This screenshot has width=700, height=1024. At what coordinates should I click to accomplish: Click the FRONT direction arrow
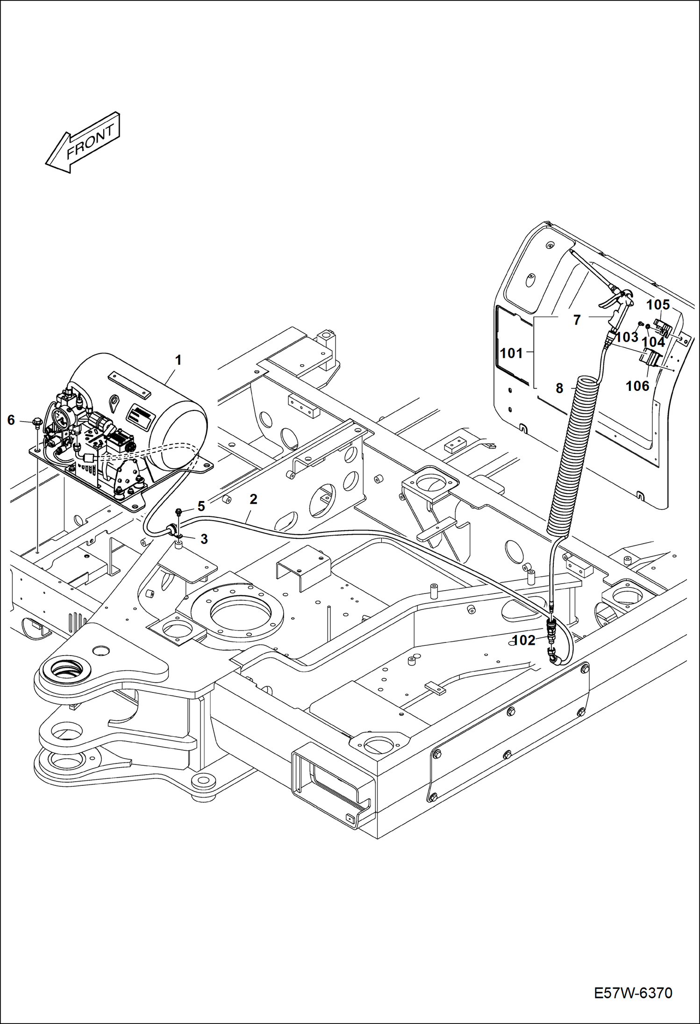[83, 142]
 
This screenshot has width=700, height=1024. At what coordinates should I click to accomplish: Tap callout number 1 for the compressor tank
[178, 360]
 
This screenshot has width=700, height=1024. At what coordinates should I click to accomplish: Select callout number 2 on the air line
[253, 499]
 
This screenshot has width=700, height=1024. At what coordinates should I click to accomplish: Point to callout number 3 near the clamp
[204, 539]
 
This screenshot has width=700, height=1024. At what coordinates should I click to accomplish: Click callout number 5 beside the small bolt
[201, 506]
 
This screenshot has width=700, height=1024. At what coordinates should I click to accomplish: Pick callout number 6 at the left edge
[11, 420]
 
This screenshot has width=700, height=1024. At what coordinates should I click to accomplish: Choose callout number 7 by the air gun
[577, 320]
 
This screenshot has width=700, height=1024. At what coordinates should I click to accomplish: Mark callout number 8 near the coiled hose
[559, 388]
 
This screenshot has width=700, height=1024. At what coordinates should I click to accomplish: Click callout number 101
[511, 353]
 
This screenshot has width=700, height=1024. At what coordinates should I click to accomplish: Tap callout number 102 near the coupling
[524, 640]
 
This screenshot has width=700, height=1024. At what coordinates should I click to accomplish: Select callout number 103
[627, 337]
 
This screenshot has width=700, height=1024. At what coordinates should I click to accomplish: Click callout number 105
[658, 305]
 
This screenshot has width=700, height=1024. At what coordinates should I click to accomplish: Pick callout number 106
[637, 386]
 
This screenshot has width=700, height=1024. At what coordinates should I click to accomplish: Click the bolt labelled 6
[37, 423]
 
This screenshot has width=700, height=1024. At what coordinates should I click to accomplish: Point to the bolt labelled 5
[178, 511]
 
